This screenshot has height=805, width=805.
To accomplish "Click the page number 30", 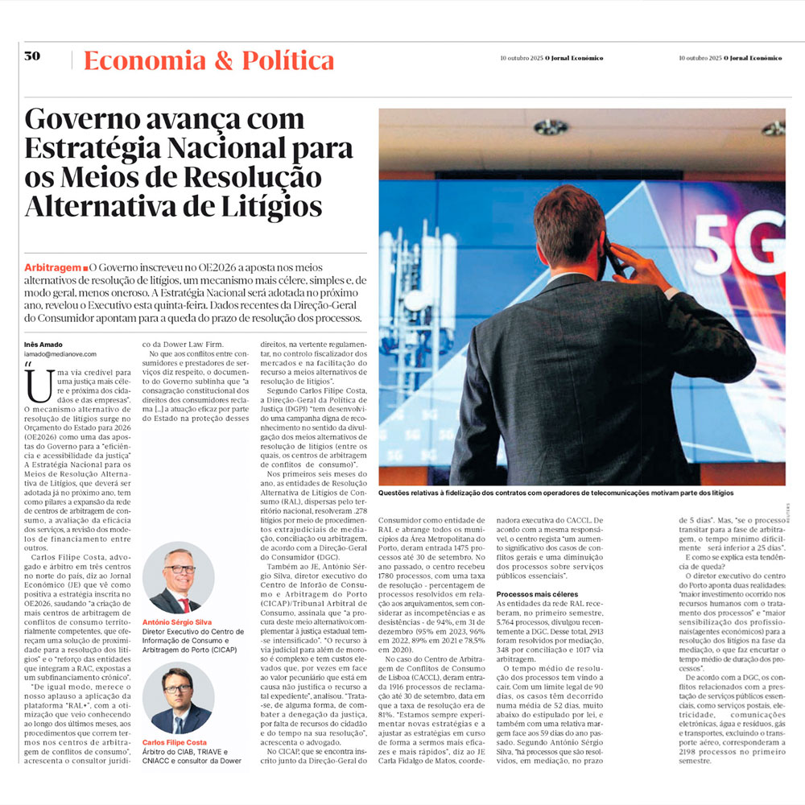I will (x=32, y=56).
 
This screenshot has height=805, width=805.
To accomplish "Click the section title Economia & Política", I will (x=208, y=60).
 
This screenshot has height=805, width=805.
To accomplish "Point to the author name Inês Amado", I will (x=43, y=345).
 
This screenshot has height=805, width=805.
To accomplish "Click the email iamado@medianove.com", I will (x=60, y=354).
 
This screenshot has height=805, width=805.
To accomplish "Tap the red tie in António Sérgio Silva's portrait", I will (x=184, y=603).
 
